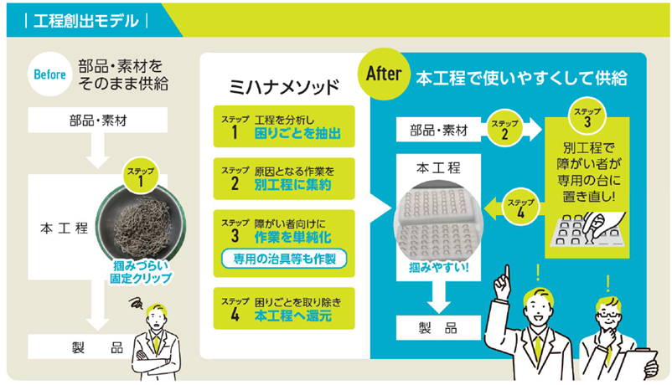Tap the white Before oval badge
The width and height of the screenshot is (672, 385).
pos(49,73)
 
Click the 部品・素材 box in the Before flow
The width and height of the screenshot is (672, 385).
pos(98,121)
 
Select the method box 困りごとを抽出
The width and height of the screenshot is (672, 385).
pos(284,126)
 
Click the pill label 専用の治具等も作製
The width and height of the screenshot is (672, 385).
pos(285,257)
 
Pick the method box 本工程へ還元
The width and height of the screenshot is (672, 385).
pos(284,310)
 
